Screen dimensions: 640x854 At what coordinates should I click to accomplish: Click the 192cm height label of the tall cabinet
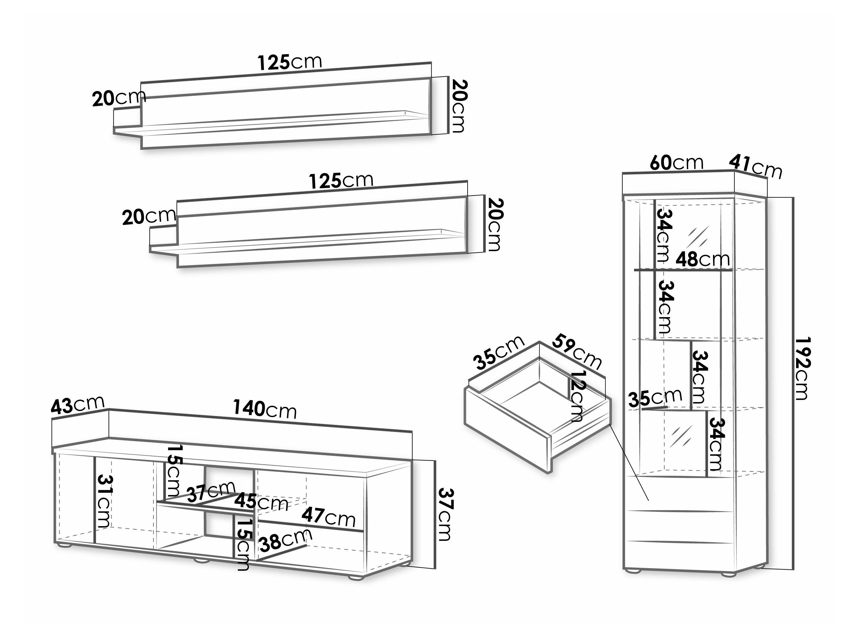[802, 369]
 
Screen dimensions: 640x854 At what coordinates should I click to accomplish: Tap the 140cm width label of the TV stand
[265, 409]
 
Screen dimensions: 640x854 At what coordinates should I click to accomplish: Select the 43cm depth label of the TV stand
[78, 405]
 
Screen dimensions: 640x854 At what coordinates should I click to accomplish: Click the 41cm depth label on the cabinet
[755, 167]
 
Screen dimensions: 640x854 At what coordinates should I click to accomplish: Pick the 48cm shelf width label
[703, 259]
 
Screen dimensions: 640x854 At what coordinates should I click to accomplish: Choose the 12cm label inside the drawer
[578, 396]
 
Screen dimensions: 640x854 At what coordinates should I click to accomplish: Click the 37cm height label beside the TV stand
[446, 514]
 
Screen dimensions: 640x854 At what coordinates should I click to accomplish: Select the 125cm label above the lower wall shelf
[341, 181]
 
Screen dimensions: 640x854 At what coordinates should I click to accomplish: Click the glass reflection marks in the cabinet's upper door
[698, 236]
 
